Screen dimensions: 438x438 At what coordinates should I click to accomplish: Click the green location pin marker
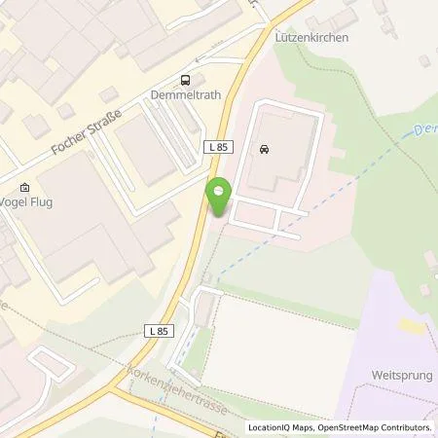[x=219, y=198]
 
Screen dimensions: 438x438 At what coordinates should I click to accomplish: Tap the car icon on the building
[x=264, y=150]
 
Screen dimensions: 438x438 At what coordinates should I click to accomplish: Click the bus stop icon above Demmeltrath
[x=185, y=80]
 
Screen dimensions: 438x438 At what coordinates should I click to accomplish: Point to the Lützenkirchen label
[x=313, y=37]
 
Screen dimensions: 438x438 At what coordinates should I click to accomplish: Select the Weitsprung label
[x=401, y=375]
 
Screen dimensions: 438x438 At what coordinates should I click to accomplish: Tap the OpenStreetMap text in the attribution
[x=353, y=427]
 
